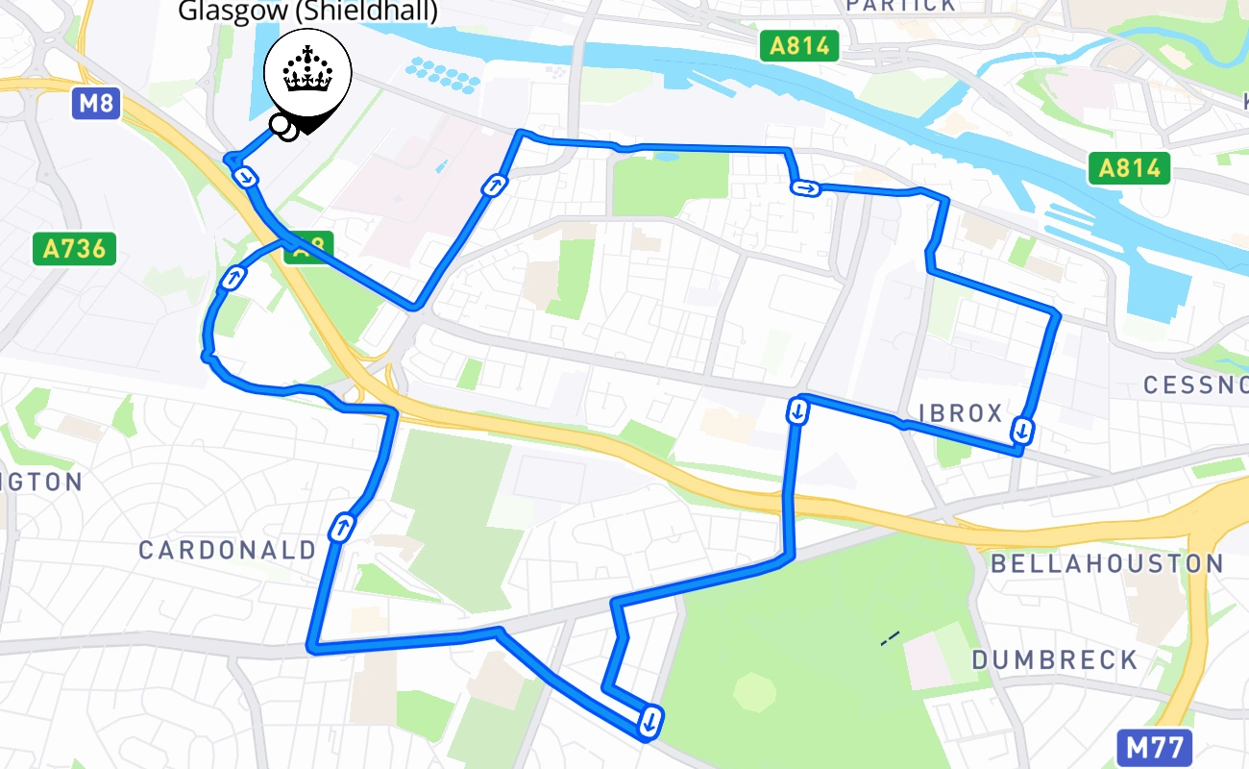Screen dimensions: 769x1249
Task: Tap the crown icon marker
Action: coord(308,76)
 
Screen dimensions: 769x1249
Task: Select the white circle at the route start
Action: coord(280,123)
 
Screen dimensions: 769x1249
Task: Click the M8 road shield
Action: coord(95,102)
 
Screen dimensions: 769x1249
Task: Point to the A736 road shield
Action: coord(74,249)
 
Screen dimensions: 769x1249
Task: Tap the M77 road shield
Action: coord(1155,747)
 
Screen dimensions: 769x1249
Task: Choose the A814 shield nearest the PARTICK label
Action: coord(799,45)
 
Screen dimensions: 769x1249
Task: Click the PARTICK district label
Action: coord(900,6)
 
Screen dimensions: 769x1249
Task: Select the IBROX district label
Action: coord(961,413)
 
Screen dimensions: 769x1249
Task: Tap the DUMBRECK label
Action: coord(1054,660)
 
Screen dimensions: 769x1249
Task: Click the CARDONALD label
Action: coord(228,551)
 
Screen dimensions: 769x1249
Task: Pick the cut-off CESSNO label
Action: coord(1195,385)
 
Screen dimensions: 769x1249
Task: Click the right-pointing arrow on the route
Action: coord(805,188)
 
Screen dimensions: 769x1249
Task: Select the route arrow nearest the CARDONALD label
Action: coord(341,528)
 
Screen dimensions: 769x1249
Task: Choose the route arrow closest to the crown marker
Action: coord(247,177)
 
